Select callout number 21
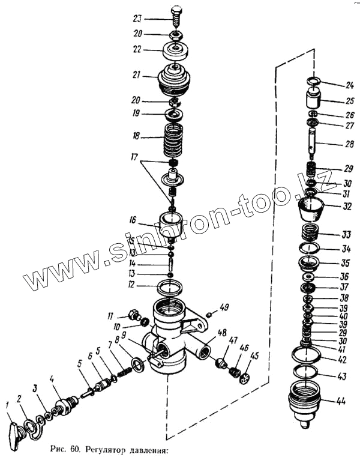pos(137,76)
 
